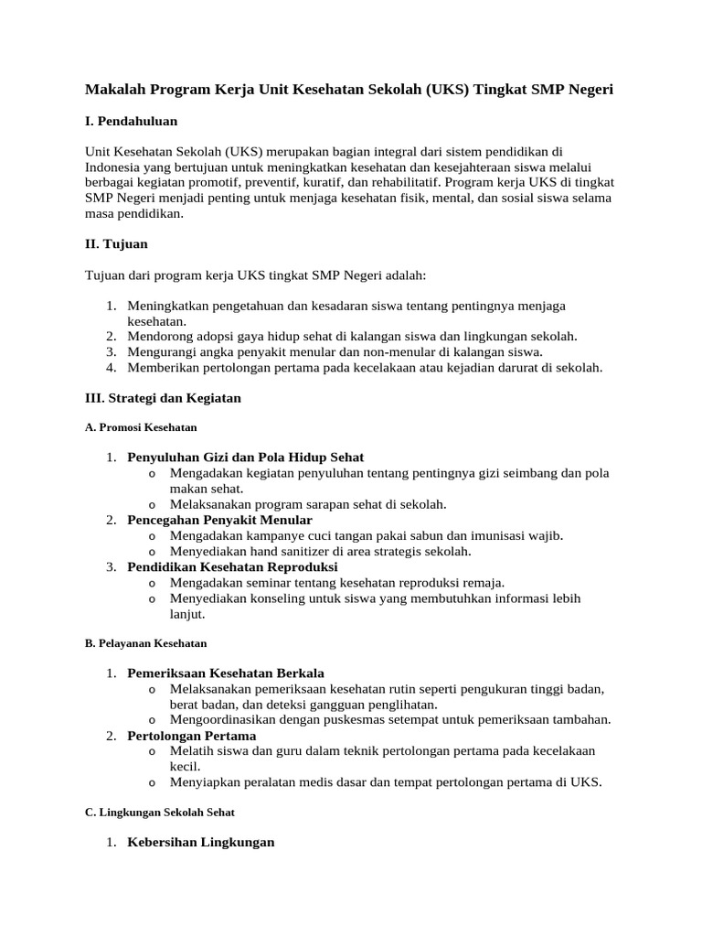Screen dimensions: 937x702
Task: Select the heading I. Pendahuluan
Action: point(131,121)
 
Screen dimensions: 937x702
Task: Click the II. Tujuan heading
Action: point(116,244)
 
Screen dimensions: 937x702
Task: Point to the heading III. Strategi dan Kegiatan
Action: point(163,398)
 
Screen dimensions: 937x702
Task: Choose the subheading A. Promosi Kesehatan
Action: point(141,427)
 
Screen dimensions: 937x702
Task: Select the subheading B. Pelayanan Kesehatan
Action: point(145,643)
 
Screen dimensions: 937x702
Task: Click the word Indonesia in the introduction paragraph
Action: point(114,167)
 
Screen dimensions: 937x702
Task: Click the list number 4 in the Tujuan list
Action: point(110,367)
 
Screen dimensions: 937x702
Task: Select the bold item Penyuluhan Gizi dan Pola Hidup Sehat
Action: point(245,457)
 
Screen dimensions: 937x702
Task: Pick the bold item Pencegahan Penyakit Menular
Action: point(219,520)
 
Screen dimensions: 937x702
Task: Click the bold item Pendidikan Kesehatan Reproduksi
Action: point(232,566)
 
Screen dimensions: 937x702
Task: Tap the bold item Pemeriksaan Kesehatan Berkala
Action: point(226,673)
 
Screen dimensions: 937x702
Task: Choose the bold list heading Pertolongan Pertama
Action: point(192,736)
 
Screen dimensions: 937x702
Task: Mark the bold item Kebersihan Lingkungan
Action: point(201,842)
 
